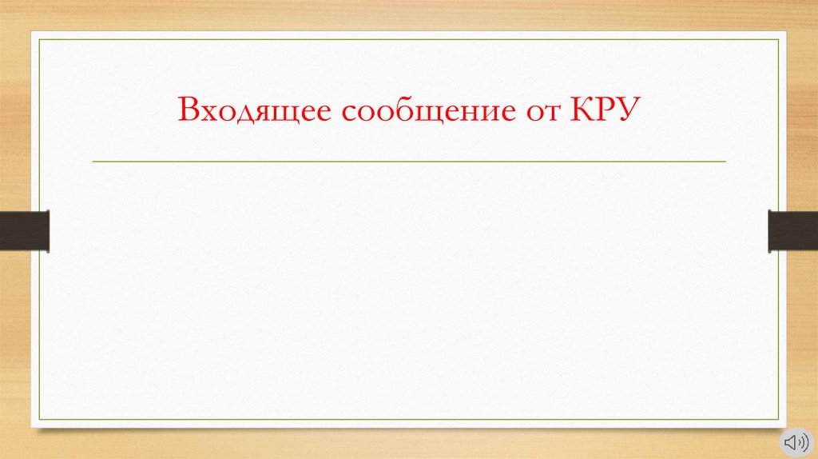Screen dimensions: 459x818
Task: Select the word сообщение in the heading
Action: coord(427,110)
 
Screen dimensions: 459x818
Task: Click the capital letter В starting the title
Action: coord(189,110)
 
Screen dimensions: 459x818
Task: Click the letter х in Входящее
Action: coord(207,111)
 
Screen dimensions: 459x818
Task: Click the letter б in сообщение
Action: coord(395,109)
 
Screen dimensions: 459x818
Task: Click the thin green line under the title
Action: coord(409,162)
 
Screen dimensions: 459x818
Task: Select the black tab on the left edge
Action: coord(25,229)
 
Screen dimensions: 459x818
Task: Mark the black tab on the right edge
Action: coord(792,229)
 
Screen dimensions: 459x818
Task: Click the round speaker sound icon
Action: coord(794,441)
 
